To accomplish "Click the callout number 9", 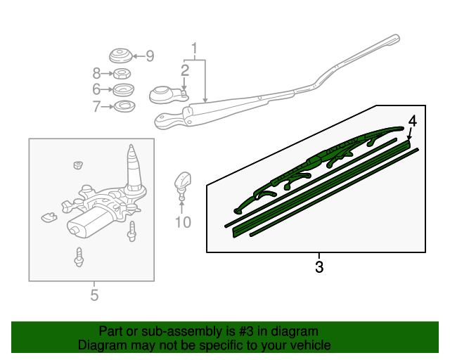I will pos(149,56).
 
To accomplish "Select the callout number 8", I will pos(96,72).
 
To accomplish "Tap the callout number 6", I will pos(96,89).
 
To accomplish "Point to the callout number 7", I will pos(96,107).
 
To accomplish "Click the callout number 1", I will pos(195,49).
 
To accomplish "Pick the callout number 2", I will pos(185,70).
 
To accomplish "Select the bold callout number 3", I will pos(319,267).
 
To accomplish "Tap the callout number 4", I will pos(413,121).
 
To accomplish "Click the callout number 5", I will pos(94,295).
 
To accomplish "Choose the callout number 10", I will pos(182,223).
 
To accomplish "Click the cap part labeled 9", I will pos(121,56).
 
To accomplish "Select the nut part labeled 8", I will pos(121,73).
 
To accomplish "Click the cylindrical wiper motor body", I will pos(85,224).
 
